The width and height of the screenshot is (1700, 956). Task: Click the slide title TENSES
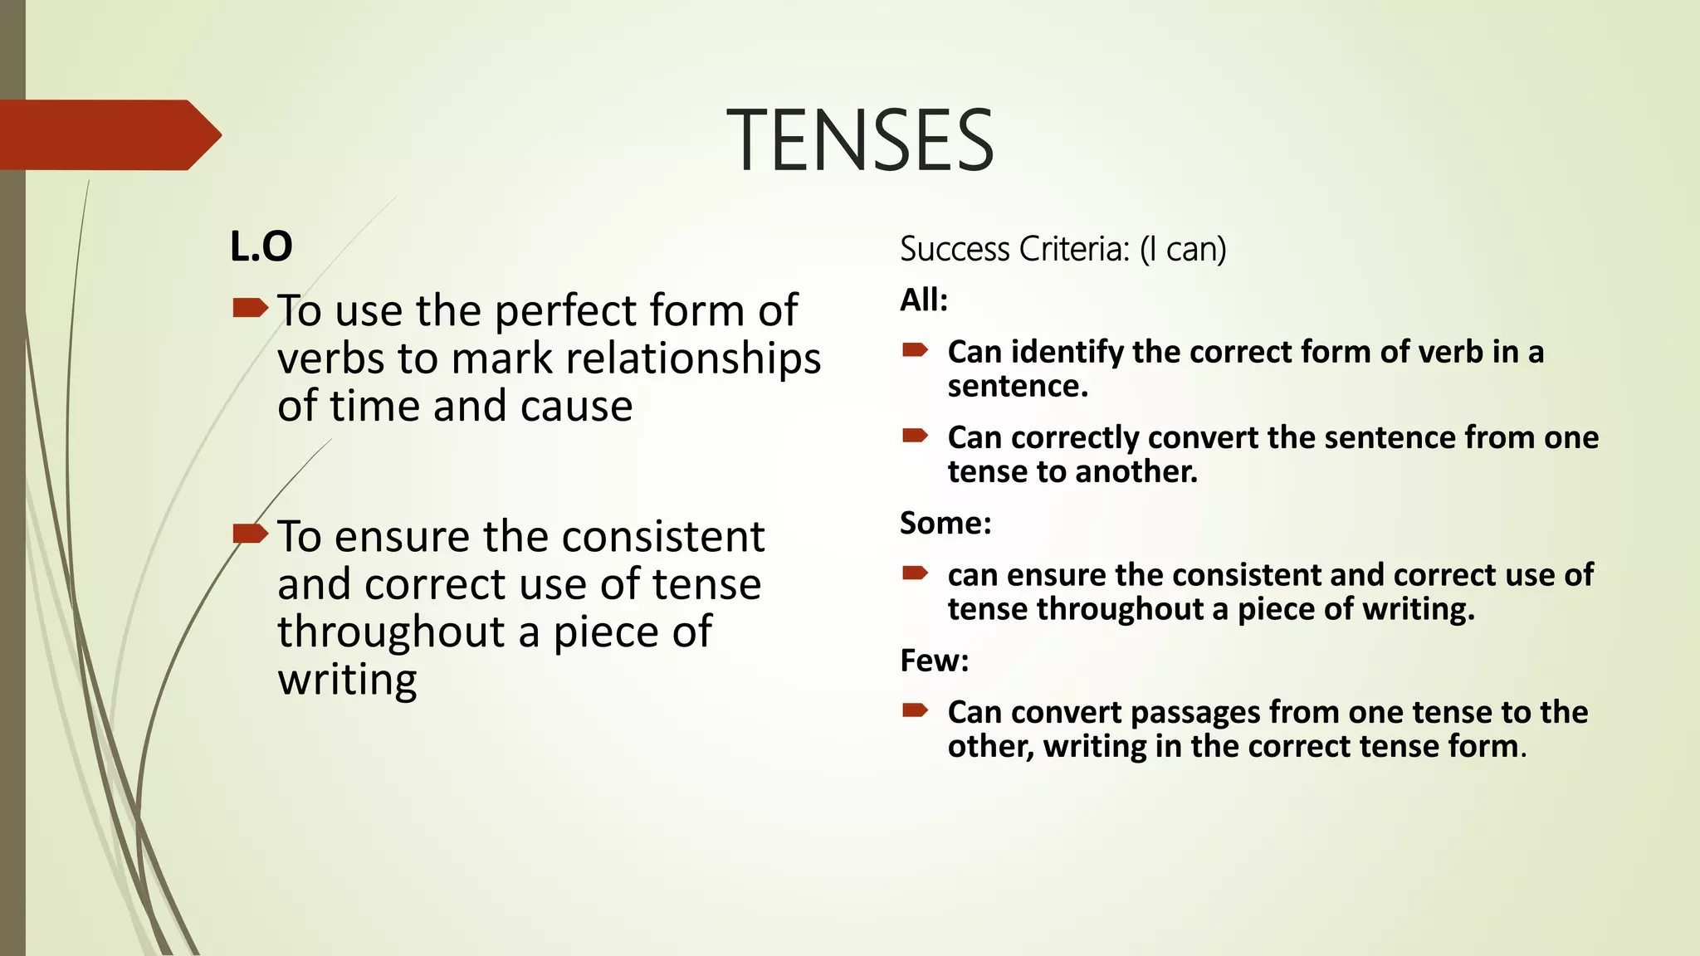860,140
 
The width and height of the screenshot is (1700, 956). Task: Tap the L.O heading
261,246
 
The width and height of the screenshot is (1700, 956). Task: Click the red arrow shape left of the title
108,134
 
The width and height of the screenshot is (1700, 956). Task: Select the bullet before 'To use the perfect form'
250,309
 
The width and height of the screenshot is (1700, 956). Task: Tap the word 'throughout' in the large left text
391,632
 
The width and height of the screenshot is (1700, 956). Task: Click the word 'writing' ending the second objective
347,680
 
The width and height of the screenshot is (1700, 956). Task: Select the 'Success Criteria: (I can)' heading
1062,249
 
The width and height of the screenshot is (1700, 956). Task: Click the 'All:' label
924,300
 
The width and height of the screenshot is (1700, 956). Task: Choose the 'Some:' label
945,523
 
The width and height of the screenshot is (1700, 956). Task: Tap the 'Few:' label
935,661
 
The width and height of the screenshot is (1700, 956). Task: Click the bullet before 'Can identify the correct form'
915,350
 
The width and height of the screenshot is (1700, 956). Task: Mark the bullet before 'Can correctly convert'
915,436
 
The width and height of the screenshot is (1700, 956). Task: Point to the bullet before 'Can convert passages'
915,710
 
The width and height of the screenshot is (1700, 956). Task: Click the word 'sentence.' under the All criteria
1018,387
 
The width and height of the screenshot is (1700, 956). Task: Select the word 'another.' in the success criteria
1136,472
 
